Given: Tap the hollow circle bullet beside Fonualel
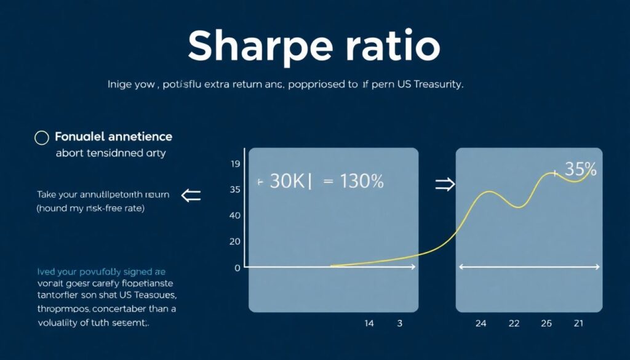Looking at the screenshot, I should tap(41, 137).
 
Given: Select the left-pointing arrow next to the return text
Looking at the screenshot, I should tap(191, 196).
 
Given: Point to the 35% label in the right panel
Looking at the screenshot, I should tap(579, 169).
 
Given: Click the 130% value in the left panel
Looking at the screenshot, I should tap(361, 181).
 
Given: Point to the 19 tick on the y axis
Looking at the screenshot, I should tap(234, 164).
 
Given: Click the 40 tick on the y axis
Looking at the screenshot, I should tap(234, 216).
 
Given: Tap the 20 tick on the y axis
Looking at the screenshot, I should tap(234, 242).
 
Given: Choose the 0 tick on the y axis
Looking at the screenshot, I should tap(237, 268).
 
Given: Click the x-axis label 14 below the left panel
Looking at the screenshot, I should tap(369, 323).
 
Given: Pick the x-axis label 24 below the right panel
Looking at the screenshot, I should tap(481, 323).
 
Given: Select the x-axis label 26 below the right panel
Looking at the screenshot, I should tap(546, 323).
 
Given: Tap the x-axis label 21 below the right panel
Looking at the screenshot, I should tap(579, 323).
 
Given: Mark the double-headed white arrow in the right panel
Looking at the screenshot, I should tap(530, 266).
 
